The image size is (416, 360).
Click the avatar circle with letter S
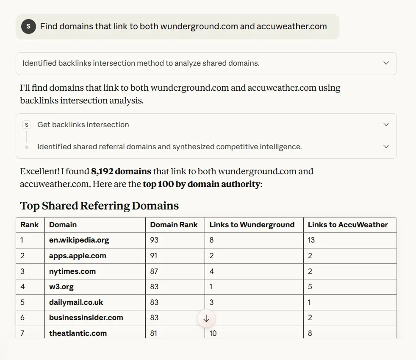click(28, 26)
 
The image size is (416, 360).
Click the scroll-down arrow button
click(206, 318)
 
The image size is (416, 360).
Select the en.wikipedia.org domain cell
click(79, 240)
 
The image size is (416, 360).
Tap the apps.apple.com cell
click(78, 256)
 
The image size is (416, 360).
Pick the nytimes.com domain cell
click(72, 271)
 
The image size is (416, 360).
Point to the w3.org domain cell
click(61, 287)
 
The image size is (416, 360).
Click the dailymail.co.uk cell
click(76, 302)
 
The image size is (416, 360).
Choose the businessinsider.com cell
click(86, 318)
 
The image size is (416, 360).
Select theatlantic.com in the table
click(78, 333)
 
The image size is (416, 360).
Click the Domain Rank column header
click(174, 225)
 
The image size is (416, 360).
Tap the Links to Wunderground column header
click(252, 225)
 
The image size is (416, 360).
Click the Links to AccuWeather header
click(348, 225)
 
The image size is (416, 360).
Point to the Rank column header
click(30, 225)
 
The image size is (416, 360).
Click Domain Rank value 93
click(154, 240)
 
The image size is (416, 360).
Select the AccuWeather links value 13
click(311, 240)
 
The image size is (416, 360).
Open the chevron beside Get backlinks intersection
click(386, 125)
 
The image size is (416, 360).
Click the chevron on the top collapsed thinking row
click(386, 63)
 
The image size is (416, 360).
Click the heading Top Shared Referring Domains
click(100, 206)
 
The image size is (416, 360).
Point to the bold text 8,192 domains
click(121, 172)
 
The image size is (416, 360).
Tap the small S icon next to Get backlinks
click(27, 125)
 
